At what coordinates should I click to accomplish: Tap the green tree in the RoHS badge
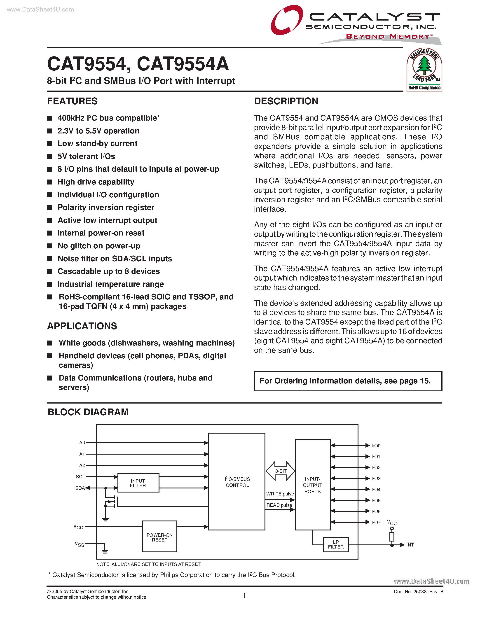tap(424, 65)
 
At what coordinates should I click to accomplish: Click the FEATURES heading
tap(72, 101)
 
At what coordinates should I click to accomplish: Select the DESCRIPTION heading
tap(286, 101)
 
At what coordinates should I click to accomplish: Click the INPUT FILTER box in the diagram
tap(138, 483)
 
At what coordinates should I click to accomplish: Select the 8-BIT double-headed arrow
tap(280, 471)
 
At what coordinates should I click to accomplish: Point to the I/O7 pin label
tap(376, 522)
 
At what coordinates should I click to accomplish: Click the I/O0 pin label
tap(376, 446)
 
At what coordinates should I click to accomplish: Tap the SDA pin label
tap(80, 488)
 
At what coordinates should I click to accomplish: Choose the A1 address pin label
tap(82, 454)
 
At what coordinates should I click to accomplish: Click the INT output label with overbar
tap(410, 545)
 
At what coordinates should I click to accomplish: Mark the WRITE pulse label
tap(280, 494)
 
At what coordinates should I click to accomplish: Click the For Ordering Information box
tap(348, 381)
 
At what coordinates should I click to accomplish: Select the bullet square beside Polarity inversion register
tap(50, 208)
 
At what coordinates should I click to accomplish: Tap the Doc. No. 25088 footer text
tap(418, 591)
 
